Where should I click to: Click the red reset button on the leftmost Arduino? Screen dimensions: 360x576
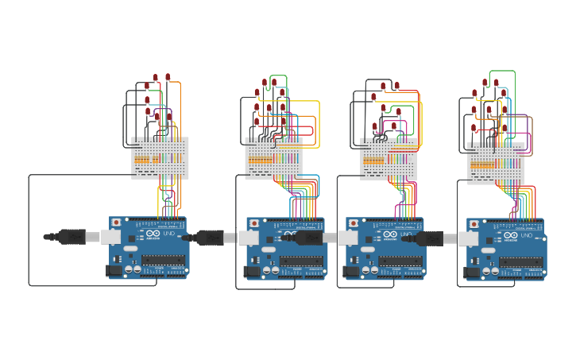coord(117,223)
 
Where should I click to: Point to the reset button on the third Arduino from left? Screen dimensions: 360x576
coord(353,223)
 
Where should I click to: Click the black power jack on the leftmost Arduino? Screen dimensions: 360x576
coord(114,270)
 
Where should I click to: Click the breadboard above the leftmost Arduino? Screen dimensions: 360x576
coord(160,158)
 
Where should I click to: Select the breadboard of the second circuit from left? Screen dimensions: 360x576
coord(273,158)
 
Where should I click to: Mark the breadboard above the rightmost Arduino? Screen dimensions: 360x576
coord(496,164)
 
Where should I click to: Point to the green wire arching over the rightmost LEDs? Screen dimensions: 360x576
coord(503,72)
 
